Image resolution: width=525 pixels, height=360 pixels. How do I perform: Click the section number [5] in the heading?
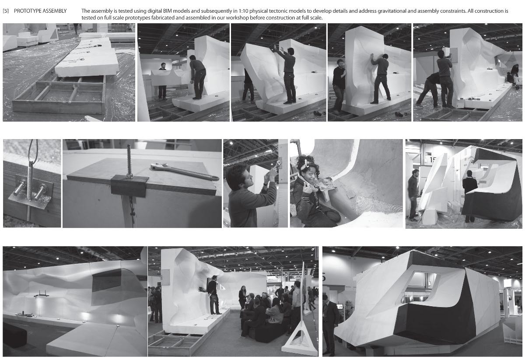(x=6, y=11)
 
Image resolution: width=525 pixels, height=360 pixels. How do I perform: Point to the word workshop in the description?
(x=238, y=17)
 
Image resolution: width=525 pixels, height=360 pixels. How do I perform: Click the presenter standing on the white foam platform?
(x=213, y=295)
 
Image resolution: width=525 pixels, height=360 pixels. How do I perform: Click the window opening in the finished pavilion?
(x=420, y=287)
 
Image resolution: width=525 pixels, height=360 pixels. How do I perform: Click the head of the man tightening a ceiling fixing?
(x=237, y=175)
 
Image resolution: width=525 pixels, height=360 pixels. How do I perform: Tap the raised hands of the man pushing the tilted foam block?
(x=278, y=49)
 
